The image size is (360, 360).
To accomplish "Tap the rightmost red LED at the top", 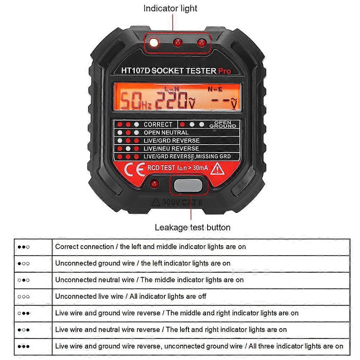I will [x=201, y=43].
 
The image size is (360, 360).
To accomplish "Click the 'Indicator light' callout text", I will [x=170, y=8].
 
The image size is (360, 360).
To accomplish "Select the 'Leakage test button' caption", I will [x=192, y=227].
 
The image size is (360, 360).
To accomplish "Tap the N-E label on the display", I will [x=215, y=88].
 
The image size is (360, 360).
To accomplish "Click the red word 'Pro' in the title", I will [x=224, y=71].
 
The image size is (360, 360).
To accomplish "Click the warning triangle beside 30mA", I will [x=218, y=168].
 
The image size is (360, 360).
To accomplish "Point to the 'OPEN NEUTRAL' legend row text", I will [x=166, y=133].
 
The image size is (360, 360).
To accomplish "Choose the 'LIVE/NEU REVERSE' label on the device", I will [x=171, y=149].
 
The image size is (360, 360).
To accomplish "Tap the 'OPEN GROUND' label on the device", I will [x=223, y=124].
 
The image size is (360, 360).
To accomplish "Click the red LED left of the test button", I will [x=155, y=184].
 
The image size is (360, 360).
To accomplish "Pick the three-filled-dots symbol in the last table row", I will [x=24, y=346].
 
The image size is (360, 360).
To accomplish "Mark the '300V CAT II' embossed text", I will [x=178, y=202].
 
